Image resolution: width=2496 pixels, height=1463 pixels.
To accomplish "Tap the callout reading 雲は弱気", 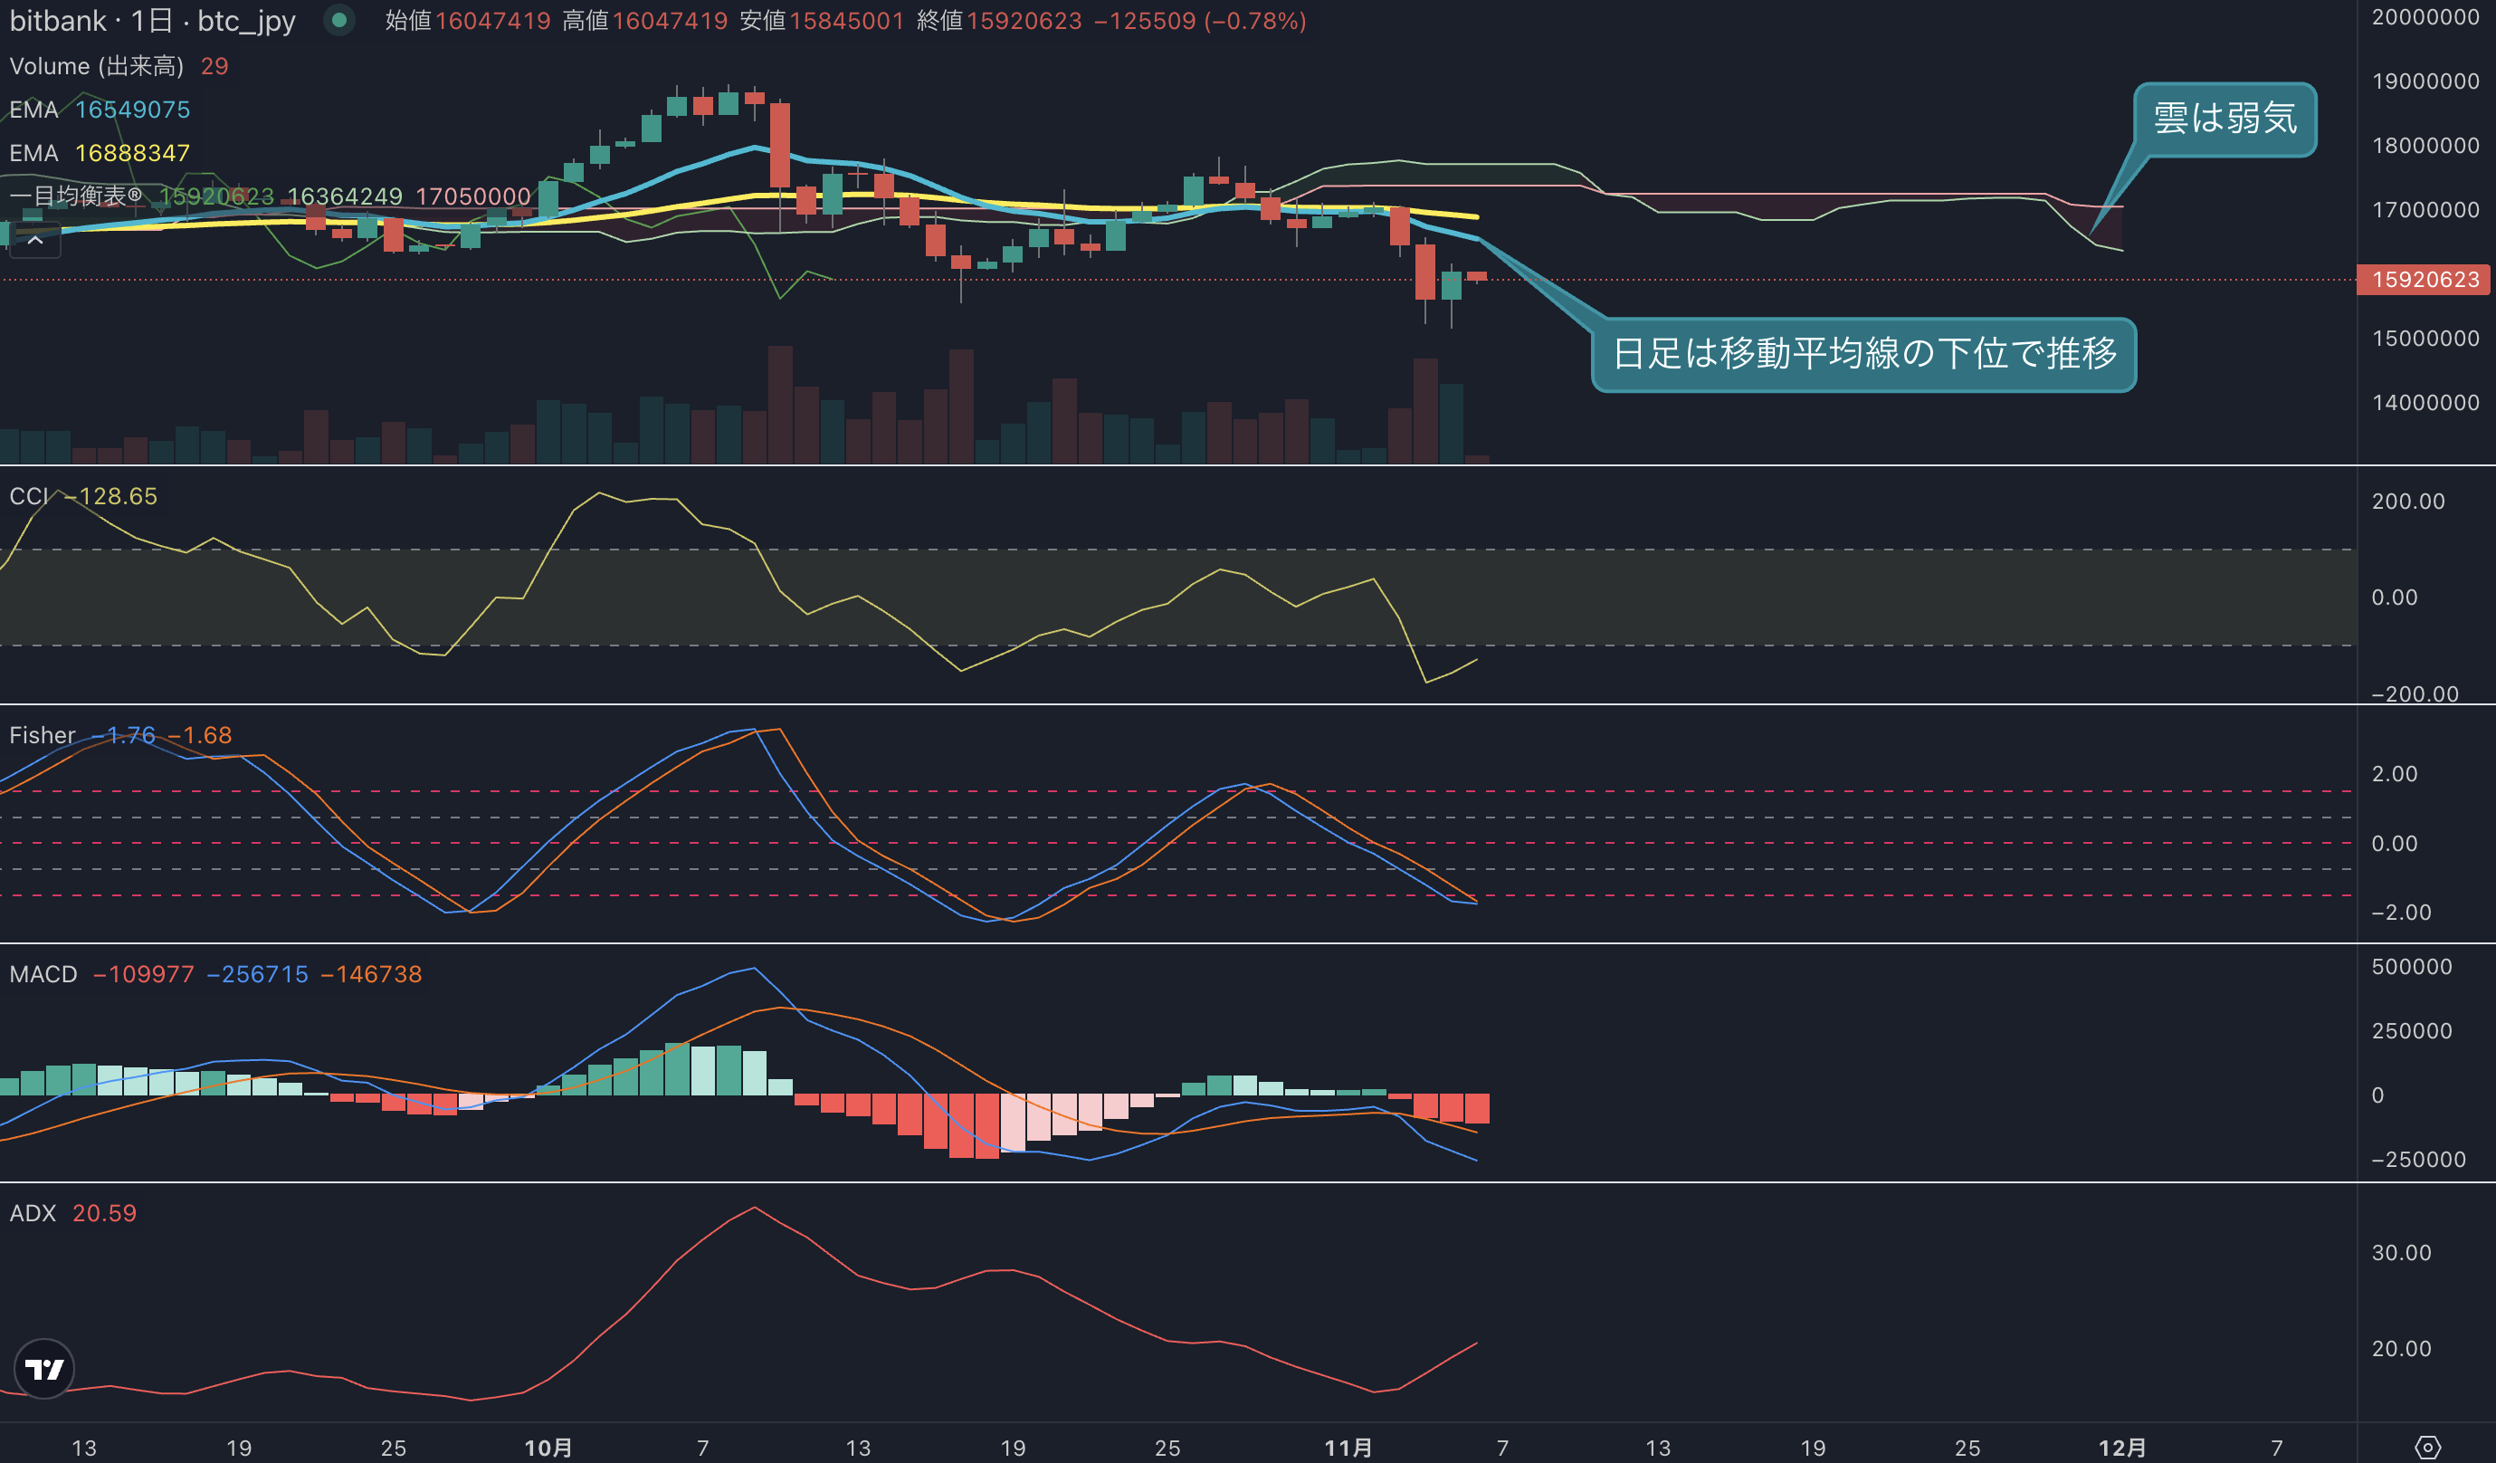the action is click(2224, 119).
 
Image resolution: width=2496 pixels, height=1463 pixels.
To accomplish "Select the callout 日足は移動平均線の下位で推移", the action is click(1863, 354).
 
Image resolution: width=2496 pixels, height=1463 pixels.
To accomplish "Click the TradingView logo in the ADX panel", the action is click(43, 1369).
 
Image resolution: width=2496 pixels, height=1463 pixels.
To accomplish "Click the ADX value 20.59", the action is click(104, 1213).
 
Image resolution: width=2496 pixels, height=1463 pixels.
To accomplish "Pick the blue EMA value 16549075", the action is click(133, 110).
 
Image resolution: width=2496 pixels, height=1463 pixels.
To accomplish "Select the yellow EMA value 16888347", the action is click(133, 154).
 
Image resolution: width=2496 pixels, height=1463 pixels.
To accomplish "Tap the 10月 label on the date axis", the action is click(548, 1447).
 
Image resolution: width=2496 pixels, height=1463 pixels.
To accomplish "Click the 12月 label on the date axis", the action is click(2122, 1447).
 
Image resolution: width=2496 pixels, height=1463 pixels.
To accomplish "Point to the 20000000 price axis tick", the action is click(2425, 17).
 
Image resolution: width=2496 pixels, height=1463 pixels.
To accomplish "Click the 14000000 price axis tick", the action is click(2425, 402).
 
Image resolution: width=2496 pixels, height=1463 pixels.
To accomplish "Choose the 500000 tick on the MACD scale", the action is click(2412, 967).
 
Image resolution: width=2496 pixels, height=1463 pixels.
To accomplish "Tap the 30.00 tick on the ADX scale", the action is click(2401, 1253).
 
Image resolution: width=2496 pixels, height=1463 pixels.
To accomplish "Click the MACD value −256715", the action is click(258, 975).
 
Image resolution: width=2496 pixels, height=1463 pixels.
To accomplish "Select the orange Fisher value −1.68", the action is click(199, 736).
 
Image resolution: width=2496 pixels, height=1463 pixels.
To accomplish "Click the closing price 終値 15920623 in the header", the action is click(999, 21).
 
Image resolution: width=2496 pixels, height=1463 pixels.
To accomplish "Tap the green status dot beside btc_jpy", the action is click(338, 20).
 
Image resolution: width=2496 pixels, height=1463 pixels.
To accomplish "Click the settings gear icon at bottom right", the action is click(2427, 1447).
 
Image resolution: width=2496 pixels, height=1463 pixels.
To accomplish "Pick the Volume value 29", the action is click(214, 66).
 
